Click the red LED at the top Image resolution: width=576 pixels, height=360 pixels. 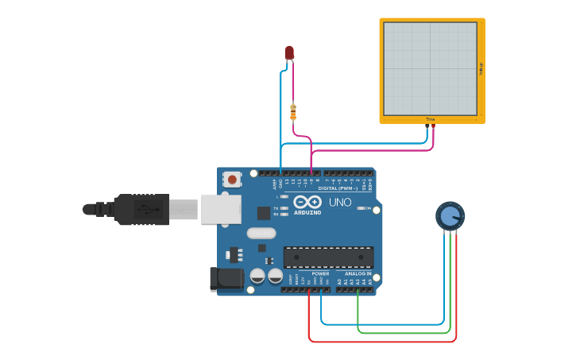[x=289, y=52]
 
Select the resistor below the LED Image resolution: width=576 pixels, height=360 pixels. [x=293, y=112]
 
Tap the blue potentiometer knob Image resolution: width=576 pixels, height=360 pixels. [x=450, y=215]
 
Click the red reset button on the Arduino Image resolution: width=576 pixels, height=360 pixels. [x=232, y=180]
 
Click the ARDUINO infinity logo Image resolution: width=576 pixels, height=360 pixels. [x=307, y=203]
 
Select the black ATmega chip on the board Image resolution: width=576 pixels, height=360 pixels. [x=328, y=257]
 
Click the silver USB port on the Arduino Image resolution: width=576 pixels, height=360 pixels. [x=221, y=209]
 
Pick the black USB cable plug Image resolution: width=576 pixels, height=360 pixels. [x=140, y=209]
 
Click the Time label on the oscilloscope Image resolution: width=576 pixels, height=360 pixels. [x=430, y=119]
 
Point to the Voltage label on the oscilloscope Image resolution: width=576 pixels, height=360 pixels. [x=481, y=69]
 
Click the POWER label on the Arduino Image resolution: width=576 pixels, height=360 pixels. [x=320, y=273]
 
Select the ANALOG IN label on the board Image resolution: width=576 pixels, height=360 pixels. [x=358, y=273]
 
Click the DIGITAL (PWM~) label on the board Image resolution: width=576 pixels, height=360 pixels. [x=338, y=188]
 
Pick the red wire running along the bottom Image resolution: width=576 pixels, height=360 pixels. [x=381, y=342]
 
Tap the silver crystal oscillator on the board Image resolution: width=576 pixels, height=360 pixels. [x=261, y=233]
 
